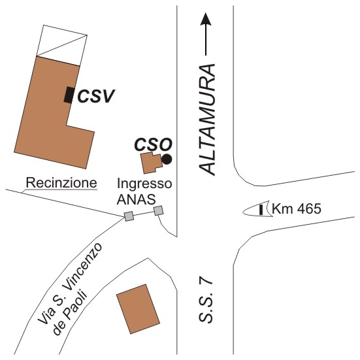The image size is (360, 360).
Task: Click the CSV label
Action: [x=96, y=96]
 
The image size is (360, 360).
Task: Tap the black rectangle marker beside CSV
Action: [x=69, y=95]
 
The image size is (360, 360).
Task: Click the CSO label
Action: [x=153, y=144]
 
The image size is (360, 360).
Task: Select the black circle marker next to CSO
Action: [x=167, y=159]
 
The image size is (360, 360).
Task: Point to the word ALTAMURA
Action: [x=207, y=120]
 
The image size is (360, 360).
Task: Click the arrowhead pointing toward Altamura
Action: [x=206, y=18]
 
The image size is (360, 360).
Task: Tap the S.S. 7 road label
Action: [x=206, y=301]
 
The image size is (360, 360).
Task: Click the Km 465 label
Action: [x=296, y=208]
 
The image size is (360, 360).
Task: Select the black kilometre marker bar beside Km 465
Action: [x=261, y=210]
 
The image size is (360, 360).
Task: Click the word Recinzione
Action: [x=61, y=183]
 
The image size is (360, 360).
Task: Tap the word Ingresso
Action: [x=144, y=184]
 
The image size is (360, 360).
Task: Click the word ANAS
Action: [x=137, y=199]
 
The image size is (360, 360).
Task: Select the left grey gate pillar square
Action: [x=129, y=216]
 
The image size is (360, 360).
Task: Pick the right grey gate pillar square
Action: [x=158, y=210]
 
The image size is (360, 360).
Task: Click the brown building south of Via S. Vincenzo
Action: [x=139, y=309]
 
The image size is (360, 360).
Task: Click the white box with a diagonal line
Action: [x=62, y=46]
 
